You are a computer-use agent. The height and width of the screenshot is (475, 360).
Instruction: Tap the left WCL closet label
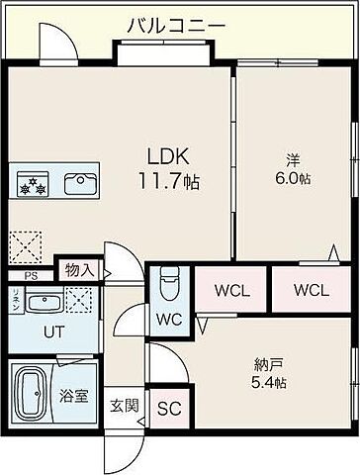click(234, 291)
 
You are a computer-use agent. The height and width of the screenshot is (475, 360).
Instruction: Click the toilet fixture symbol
click(168, 285)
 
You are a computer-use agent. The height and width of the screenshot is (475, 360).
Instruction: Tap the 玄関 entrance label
click(125, 404)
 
